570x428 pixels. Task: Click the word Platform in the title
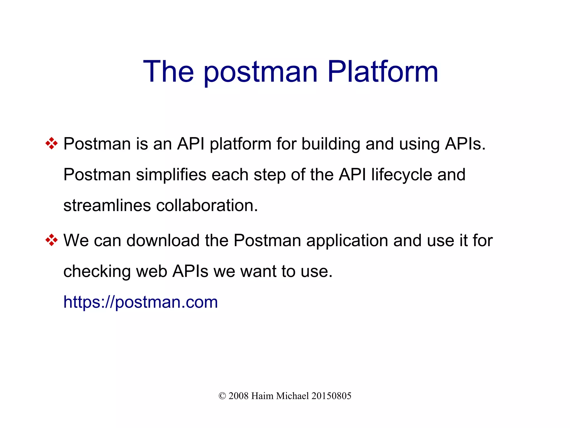(x=383, y=72)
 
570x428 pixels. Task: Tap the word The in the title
(x=168, y=72)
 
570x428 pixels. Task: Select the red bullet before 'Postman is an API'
(x=51, y=144)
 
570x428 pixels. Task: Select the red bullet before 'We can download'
(x=51, y=240)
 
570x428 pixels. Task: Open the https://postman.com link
(x=141, y=302)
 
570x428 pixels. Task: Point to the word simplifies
(x=171, y=175)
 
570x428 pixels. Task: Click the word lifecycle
(x=401, y=175)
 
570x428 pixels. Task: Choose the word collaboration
(x=207, y=205)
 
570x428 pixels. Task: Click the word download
(x=163, y=240)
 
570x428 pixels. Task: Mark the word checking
(x=97, y=272)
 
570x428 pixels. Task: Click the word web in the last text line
(x=151, y=271)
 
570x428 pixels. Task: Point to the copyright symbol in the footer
(x=222, y=396)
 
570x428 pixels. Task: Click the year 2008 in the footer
(x=238, y=396)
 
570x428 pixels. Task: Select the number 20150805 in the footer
(x=331, y=396)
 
